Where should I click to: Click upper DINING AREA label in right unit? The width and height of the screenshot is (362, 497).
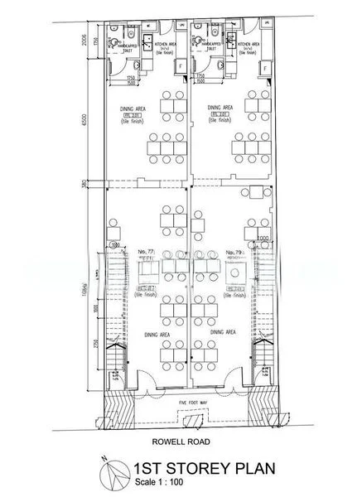[220, 108]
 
